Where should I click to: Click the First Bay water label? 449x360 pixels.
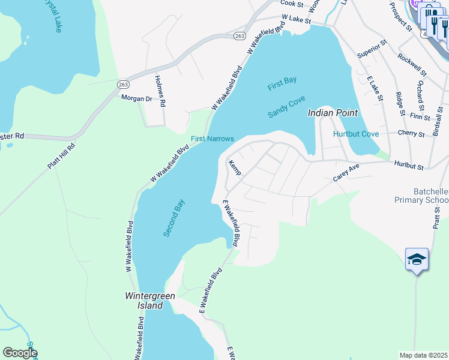283,84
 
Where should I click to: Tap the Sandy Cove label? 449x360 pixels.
286,109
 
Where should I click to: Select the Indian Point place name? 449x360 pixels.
333,113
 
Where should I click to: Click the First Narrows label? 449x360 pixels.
212,139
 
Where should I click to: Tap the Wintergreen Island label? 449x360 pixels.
144,301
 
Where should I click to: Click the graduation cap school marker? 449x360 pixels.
417,260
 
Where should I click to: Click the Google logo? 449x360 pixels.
20,352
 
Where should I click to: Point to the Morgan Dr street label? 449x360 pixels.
137,98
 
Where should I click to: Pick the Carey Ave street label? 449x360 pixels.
346,173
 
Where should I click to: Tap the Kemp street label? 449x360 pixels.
234,167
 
